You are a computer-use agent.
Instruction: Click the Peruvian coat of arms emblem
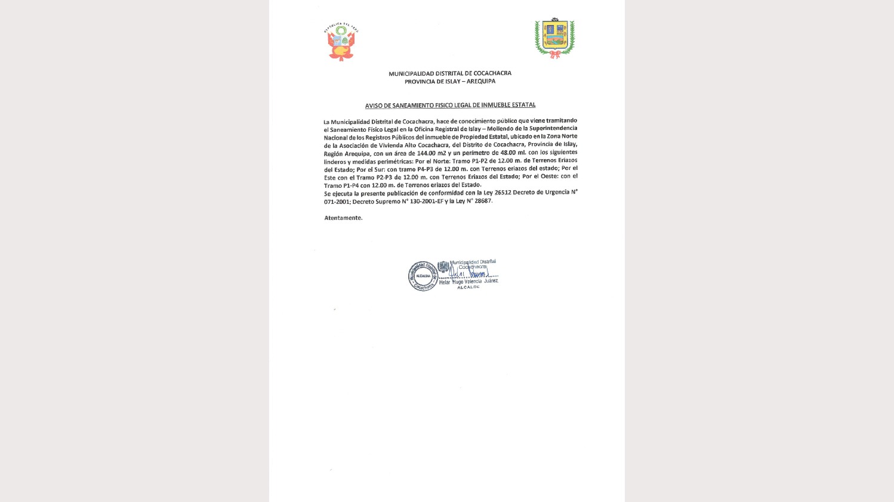click(341, 43)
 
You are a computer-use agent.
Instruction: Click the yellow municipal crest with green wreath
click(554, 39)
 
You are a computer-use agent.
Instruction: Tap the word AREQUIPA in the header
click(481, 82)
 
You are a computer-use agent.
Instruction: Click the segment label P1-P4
click(345, 185)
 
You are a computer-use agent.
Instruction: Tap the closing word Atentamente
click(343, 218)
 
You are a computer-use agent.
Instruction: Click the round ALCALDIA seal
click(423, 276)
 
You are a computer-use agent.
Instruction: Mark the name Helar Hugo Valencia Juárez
click(468, 281)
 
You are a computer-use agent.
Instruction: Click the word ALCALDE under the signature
click(468, 287)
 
